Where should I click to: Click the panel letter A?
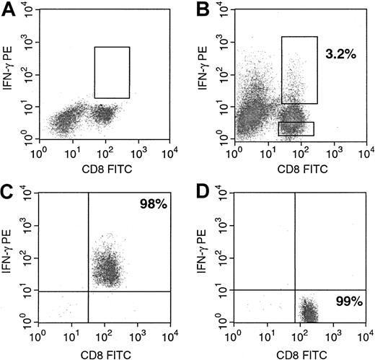[8, 9]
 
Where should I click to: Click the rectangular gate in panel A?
[112, 72]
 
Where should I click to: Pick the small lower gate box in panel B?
[296, 128]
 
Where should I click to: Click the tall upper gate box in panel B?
[299, 70]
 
